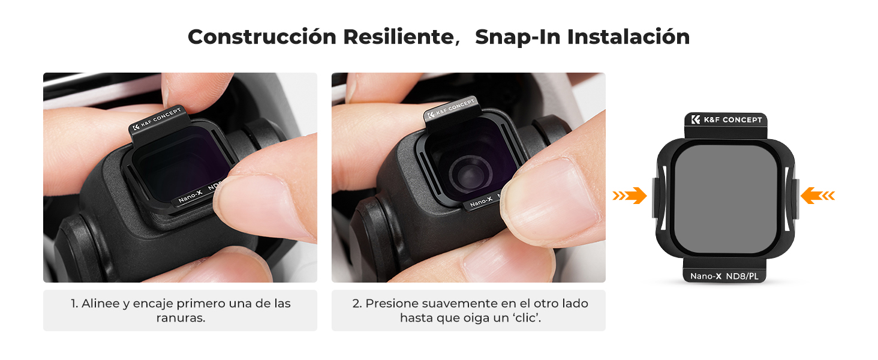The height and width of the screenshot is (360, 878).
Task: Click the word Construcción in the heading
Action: (263, 37)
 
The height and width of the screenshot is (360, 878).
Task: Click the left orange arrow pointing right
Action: (630, 196)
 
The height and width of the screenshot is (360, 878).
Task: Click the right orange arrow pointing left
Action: (817, 196)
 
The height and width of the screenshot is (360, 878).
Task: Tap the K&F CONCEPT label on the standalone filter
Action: (726, 120)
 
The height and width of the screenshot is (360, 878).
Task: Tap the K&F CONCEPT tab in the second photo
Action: (450, 110)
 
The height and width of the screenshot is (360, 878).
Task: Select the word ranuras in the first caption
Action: (181, 318)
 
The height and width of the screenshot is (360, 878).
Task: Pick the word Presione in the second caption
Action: (392, 304)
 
